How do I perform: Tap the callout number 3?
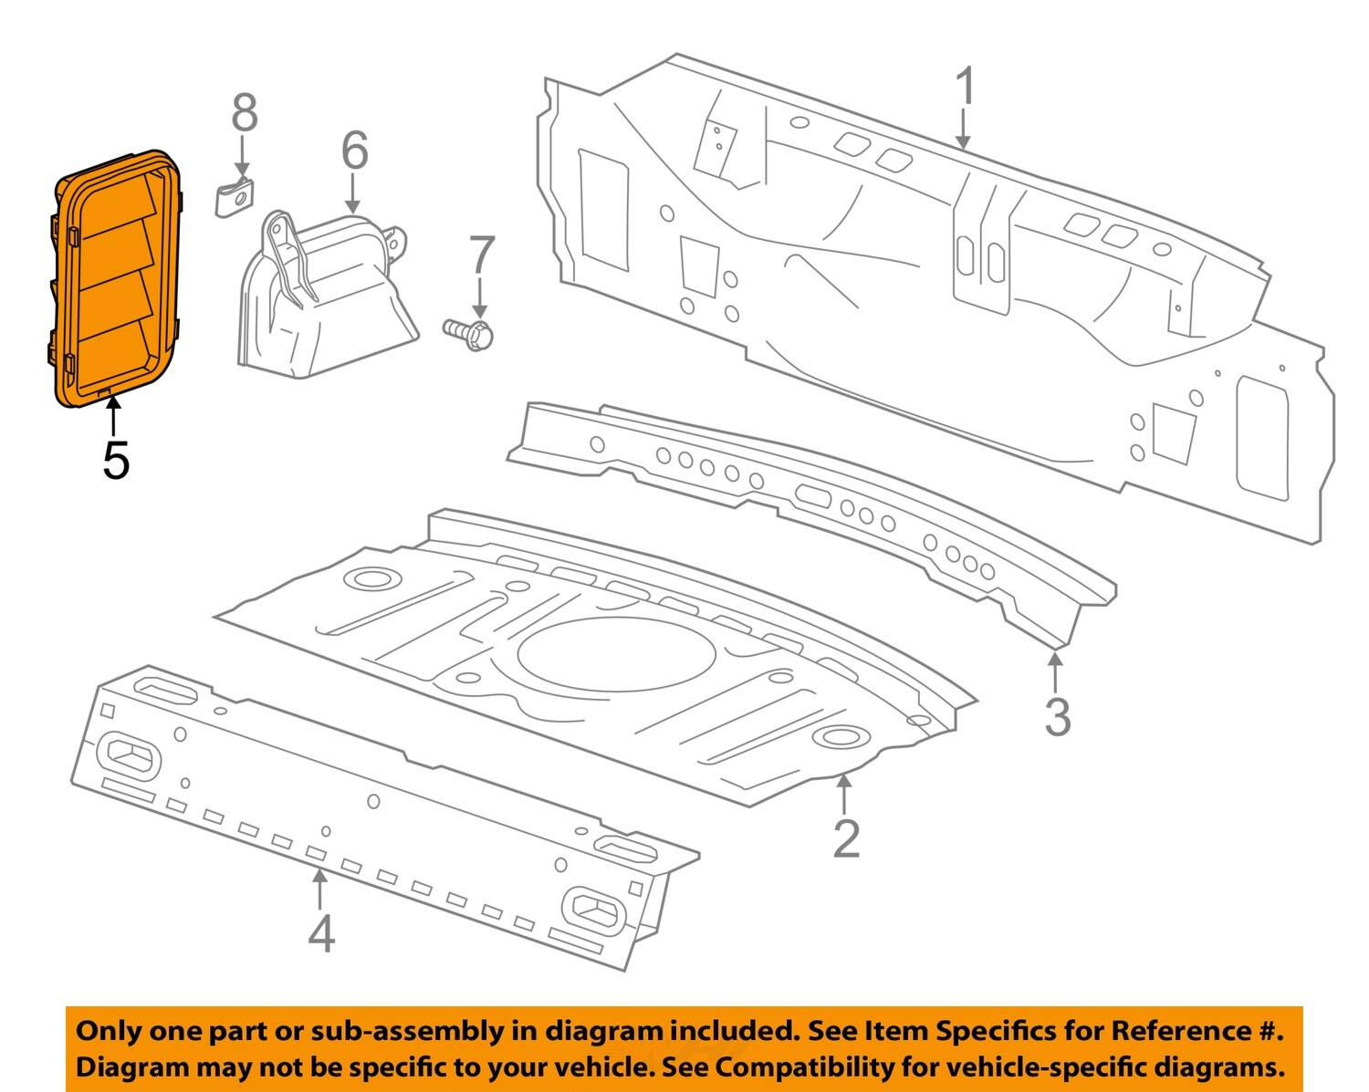[1057, 717]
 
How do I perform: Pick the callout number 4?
[320, 933]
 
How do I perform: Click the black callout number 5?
[115, 460]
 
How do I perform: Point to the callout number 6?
[354, 151]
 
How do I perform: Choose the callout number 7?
[481, 256]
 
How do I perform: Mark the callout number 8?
[244, 114]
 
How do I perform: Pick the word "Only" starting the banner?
[109, 1031]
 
